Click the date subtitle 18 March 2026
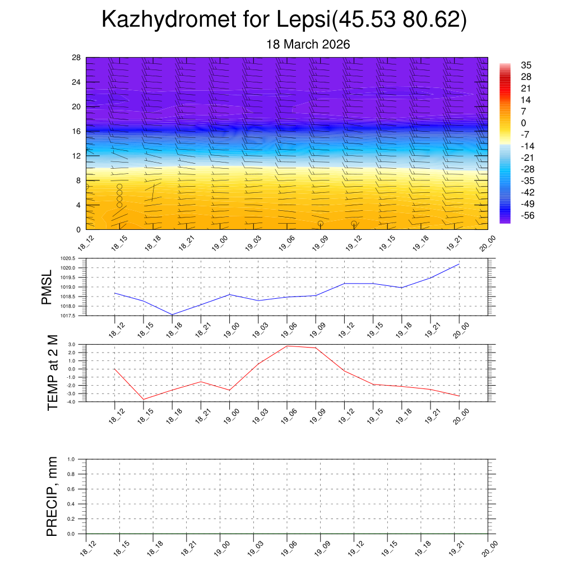point(308,45)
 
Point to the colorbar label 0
point(523,123)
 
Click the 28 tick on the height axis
point(76,58)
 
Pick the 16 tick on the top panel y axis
point(76,131)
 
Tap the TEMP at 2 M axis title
point(53,373)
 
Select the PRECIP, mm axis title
point(52,497)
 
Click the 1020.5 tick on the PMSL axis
point(72,258)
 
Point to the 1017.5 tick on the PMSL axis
point(72,316)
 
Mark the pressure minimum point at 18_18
point(172,314)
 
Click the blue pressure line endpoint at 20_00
point(460,264)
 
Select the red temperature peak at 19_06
point(287,346)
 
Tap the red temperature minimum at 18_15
point(143,399)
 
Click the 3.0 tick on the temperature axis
point(72,344)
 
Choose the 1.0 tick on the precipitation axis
point(71,459)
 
